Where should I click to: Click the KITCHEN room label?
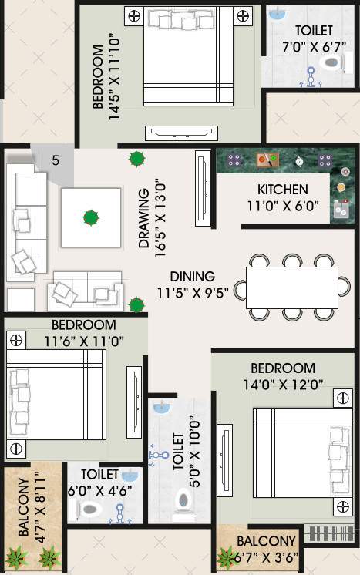[282, 190]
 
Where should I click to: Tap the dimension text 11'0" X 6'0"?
[282, 207]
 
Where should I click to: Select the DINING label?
[193, 277]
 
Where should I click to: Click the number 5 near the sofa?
[56, 161]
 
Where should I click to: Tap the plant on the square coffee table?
[91, 217]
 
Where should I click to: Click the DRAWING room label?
[145, 219]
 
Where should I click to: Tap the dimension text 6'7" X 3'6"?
[266, 557]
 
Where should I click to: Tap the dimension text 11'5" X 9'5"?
[193, 294]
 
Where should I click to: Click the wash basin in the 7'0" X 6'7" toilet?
[275, 13]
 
